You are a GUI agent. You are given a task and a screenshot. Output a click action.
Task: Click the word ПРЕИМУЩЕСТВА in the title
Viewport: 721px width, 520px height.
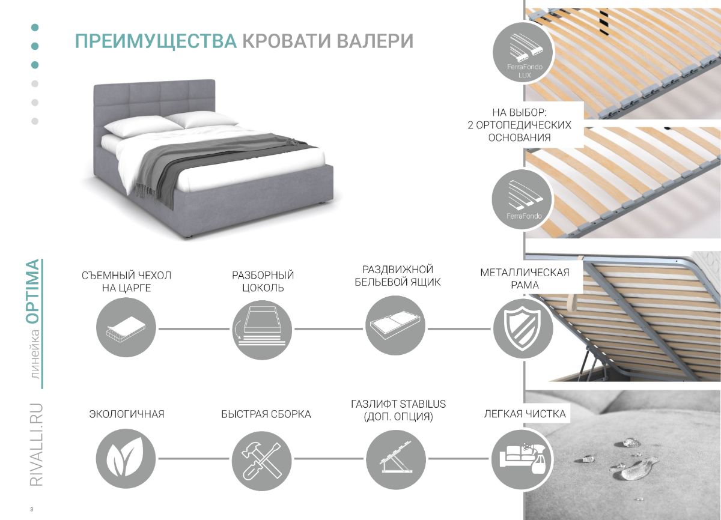coord(156,41)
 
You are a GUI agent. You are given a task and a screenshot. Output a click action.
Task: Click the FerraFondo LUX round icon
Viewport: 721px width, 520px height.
coord(522,52)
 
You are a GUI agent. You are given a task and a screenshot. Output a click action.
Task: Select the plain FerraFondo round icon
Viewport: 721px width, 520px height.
coord(522,200)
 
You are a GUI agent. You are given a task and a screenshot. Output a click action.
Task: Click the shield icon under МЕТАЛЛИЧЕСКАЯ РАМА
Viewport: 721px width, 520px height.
coord(523,328)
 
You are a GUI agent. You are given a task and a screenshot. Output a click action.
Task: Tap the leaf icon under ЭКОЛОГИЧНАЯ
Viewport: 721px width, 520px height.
coord(126,459)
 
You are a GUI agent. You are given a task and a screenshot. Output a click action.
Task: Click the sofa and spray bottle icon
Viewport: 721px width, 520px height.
coord(522,459)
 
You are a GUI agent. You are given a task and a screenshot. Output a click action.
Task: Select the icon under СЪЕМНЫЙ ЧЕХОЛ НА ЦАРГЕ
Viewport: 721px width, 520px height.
coord(126,327)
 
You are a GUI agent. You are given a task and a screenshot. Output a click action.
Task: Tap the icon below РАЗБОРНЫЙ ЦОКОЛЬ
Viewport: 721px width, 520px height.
coord(262,330)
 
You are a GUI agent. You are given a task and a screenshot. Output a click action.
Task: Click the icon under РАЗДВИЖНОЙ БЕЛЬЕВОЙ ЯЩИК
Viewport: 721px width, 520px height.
coord(395,326)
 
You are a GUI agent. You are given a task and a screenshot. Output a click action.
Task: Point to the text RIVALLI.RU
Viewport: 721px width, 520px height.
coord(36,445)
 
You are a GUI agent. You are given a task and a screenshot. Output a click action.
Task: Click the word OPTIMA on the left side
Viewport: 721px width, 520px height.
coord(34,291)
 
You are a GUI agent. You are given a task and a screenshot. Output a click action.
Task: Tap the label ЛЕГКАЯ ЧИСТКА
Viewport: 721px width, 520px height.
coord(525,414)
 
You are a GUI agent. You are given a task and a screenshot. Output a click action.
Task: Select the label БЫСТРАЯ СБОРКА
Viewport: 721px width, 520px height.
coord(266,414)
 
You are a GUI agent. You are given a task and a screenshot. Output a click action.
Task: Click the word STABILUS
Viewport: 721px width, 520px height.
coord(422,404)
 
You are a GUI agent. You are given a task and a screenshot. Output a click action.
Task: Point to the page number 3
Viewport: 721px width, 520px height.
coord(31,509)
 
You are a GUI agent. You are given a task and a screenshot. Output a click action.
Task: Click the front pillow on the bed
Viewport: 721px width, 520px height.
coord(143,127)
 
